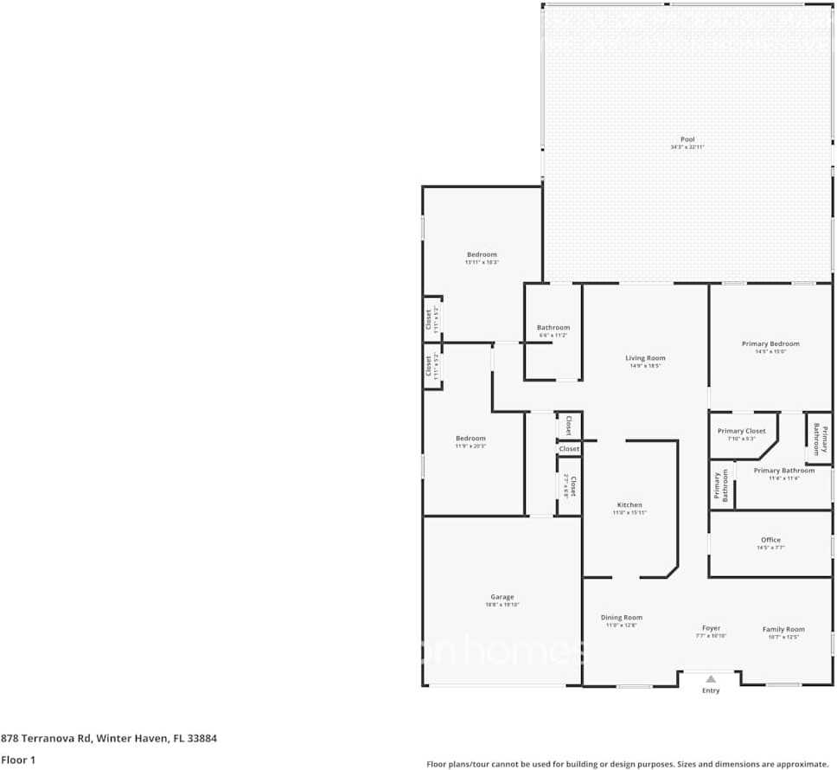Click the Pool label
(x=687, y=139)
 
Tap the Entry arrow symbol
(x=711, y=679)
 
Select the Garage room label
(x=502, y=597)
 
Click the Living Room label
(x=645, y=357)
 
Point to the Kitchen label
(x=629, y=504)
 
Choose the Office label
(x=770, y=540)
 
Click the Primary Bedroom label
(x=770, y=343)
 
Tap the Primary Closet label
(x=742, y=431)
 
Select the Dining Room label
(x=621, y=617)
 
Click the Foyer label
(x=711, y=628)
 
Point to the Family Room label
(x=783, y=629)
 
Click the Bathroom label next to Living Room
(x=553, y=327)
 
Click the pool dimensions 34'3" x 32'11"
(x=687, y=147)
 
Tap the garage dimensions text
(x=502, y=605)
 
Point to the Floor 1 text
(x=18, y=760)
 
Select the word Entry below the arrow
(x=711, y=690)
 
